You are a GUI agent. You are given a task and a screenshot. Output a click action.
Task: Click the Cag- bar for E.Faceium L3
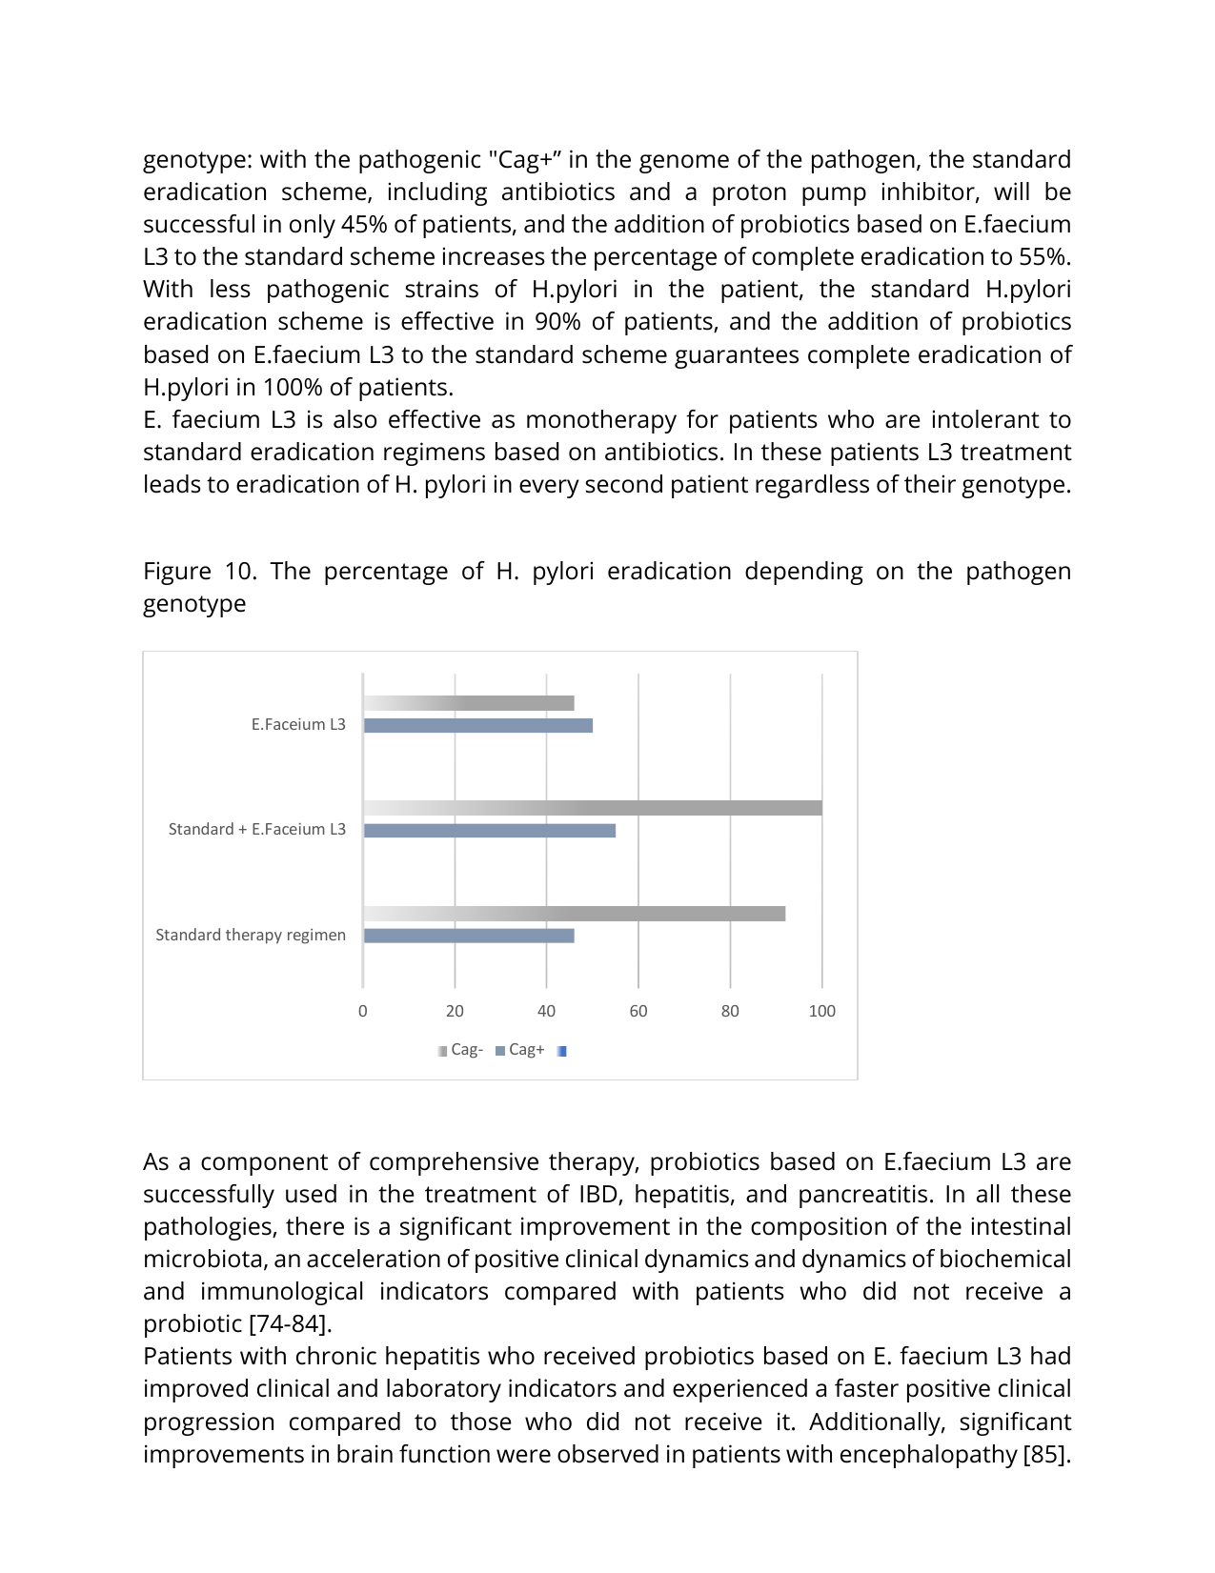tap(469, 703)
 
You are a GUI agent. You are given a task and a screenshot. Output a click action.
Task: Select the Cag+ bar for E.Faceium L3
tap(478, 726)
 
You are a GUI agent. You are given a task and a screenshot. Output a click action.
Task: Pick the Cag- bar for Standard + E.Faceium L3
tap(593, 809)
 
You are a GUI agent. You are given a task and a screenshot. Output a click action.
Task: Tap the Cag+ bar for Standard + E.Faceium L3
tap(490, 831)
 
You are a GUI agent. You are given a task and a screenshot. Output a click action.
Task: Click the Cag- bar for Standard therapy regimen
tap(575, 914)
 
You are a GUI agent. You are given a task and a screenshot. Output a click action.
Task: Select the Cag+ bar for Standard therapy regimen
tap(469, 937)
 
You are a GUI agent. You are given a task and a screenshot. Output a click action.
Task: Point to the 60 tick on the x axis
tap(638, 1012)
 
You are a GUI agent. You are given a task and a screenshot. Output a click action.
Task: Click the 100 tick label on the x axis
tap(821, 1012)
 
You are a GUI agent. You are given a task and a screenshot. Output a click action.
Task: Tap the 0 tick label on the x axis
tap(363, 1012)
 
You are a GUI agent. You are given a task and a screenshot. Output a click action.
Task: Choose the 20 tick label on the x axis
tap(455, 1012)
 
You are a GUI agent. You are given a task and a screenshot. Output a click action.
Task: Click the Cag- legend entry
tap(461, 1050)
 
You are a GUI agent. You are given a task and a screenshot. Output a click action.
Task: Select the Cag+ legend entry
tap(520, 1050)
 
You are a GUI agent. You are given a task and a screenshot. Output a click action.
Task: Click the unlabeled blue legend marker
tap(562, 1051)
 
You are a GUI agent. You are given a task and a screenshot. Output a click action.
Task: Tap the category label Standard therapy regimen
tap(251, 936)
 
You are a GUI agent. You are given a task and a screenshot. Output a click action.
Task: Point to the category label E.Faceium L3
tap(298, 725)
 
